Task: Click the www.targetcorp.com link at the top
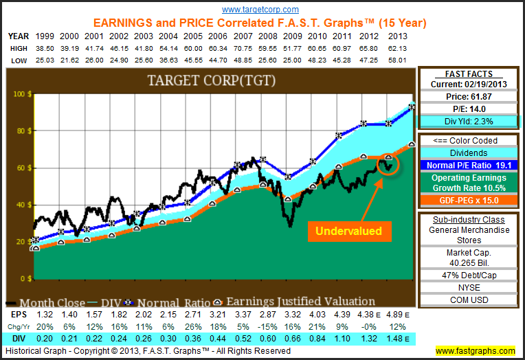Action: point(260,10)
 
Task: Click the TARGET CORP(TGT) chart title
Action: point(211,81)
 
